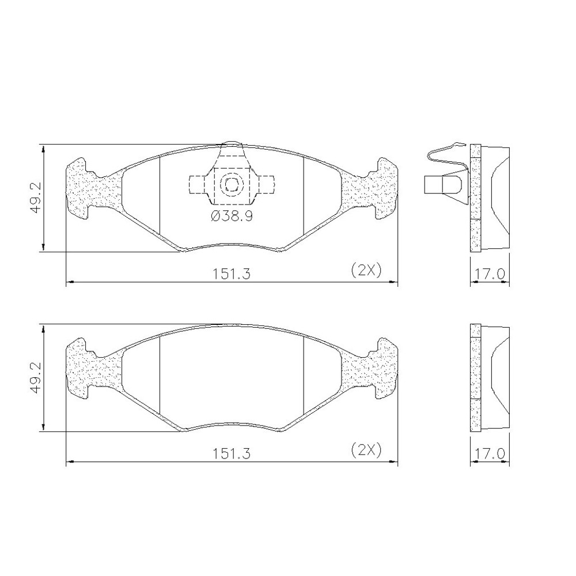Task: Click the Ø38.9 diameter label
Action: tap(232, 216)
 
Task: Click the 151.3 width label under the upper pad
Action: tap(232, 274)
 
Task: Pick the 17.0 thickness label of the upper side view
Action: tap(490, 274)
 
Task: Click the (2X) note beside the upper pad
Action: tap(366, 270)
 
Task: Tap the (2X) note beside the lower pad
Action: tap(366, 450)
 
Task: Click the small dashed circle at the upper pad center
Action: tap(232, 184)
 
